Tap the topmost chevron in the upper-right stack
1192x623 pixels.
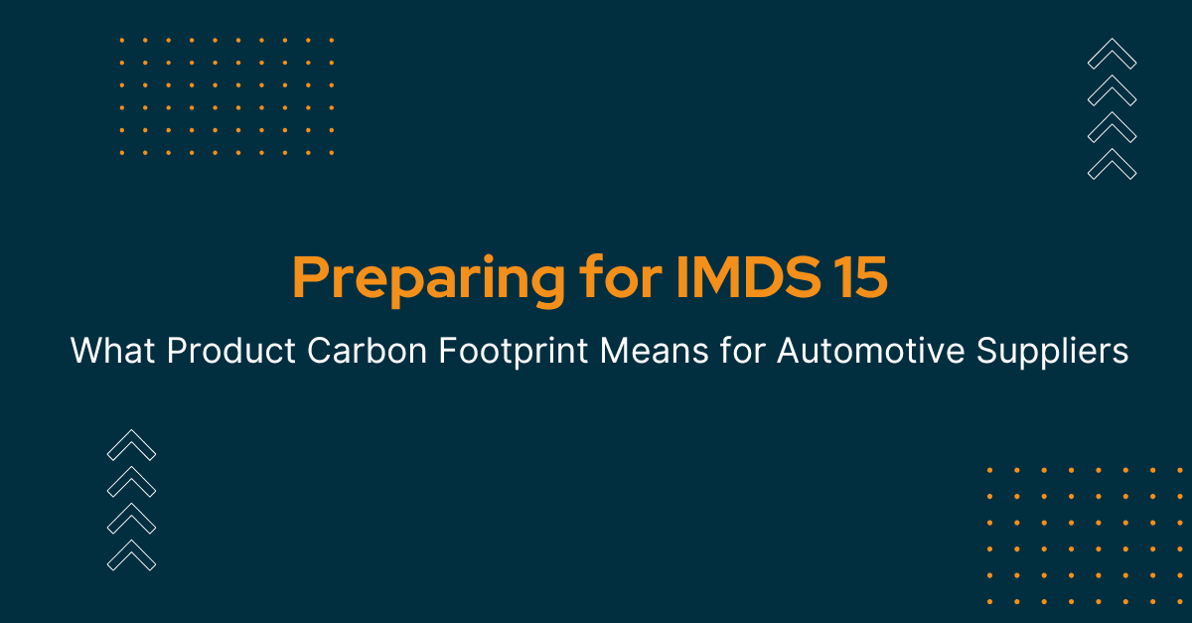(1112, 54)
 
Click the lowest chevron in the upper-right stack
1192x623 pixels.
(1112, 164)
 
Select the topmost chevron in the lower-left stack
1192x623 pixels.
(131, 444)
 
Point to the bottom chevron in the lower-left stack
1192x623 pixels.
(131, 554)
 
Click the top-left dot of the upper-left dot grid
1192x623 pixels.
(121, 40)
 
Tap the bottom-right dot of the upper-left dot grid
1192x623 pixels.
(331, 153)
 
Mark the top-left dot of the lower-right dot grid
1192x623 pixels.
(989, 469)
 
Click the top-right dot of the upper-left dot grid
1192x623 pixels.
(331, 40)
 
